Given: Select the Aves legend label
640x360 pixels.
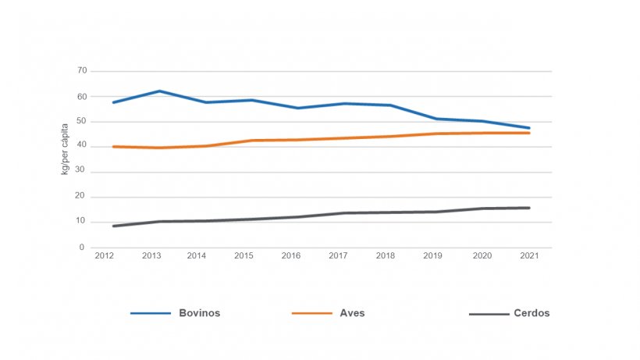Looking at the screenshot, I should (352, 313).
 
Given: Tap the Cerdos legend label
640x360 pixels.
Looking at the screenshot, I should (532, 313).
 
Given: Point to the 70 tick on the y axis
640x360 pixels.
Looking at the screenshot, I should (82, 71).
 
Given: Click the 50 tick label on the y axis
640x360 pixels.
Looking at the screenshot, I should (82, 122).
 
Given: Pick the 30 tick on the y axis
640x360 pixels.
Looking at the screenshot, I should (82, 172).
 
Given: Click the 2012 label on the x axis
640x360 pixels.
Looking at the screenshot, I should (104, 255).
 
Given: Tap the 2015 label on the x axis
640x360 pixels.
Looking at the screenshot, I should (245, 255).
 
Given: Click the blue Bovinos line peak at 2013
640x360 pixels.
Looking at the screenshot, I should (160, 91).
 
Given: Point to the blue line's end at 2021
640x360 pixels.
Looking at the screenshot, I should (529, 128).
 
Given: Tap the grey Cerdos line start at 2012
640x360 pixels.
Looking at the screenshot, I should (114, 226).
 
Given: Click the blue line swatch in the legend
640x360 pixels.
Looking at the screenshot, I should (151, 313).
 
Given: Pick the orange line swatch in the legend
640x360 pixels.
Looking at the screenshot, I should (311, 313).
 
